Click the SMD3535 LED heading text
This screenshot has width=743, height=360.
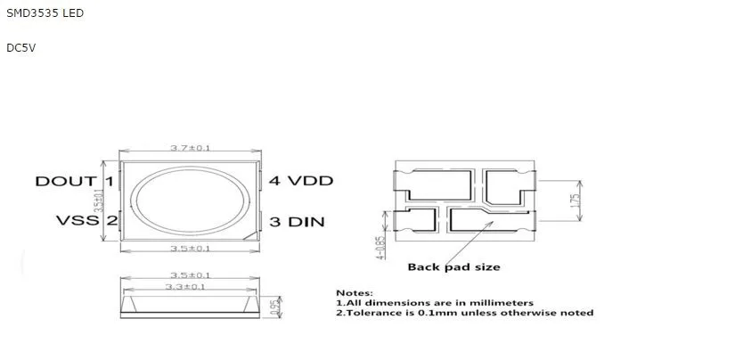[x=45, y=14]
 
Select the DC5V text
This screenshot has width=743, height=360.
[x=20, y=47]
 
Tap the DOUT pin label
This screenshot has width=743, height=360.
[x=65, y=181]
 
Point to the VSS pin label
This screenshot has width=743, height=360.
[x=75, y=220]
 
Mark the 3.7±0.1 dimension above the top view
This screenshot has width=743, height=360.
[x=190, y=148]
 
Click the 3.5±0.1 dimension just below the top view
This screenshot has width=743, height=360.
[x=190, y=249]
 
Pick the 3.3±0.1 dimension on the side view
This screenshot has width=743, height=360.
[x=185, y=287]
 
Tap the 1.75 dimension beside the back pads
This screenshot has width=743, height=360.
[x=576, y=202]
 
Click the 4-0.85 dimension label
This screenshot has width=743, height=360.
[x=381, y=249]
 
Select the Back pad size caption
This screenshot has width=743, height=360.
[x=453, y=266]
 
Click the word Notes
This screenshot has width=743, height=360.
[x=354, y=292]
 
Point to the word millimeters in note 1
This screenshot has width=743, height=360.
[x=502, y=303]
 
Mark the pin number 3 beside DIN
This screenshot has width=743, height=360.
[x=274, y=221]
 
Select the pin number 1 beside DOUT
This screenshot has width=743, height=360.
[x=109, y=181]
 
